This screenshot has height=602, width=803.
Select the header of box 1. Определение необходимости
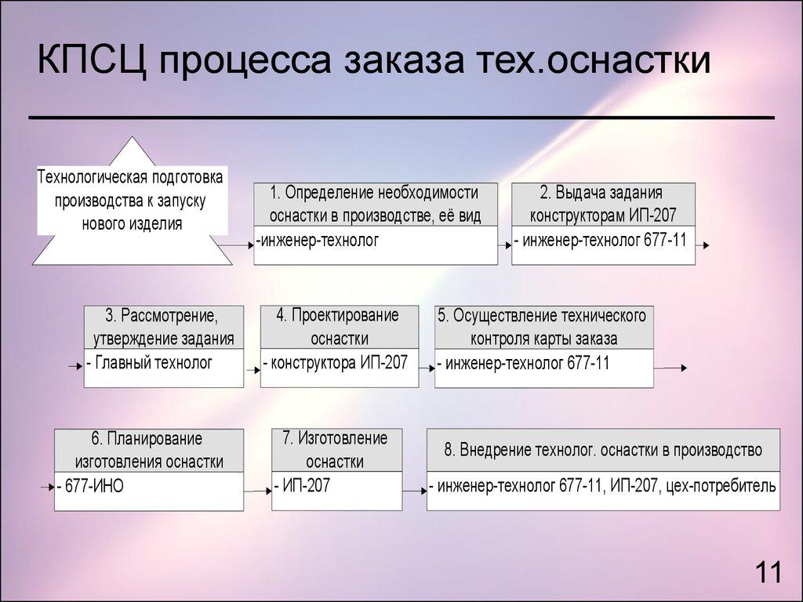click(x=375, y=204)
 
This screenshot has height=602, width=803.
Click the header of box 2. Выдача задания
click(x=602, y=204)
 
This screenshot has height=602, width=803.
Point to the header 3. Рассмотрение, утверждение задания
click(x=163, y=327)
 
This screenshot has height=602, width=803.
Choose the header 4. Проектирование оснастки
click(x=338, y=327)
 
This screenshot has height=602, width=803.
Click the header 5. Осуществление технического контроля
click(x=543, y=327)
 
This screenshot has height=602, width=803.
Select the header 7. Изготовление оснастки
click(x=336, y=449)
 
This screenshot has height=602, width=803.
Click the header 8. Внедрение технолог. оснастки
click(x=602, y=450)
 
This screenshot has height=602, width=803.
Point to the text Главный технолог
click(x=153, y=362)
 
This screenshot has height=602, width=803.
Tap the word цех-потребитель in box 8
click(x=719, y=486)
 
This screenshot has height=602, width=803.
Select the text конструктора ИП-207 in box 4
click(x=338, y=362)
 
